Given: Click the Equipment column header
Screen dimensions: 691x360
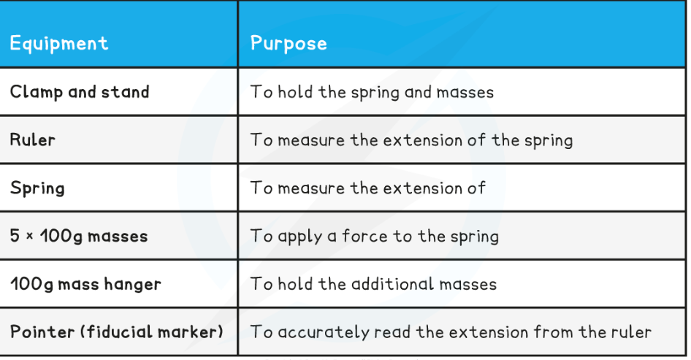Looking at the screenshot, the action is (59, 44).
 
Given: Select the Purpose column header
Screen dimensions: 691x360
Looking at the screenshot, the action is (289, 44).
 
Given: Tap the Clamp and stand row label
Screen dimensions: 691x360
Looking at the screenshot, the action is (80, 92).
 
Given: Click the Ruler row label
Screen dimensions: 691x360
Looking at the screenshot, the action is (33, 140).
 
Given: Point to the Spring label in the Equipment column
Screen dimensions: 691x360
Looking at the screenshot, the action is (37, 188).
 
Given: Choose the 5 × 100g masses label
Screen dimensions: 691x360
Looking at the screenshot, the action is (79, 236).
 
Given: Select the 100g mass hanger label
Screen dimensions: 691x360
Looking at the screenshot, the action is (86, 284).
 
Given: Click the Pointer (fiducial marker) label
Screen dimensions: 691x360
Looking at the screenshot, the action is (117, 332).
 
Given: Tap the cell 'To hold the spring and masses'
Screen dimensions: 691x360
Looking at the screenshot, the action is (372, 93).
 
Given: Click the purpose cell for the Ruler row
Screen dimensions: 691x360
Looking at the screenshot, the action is (411, 140).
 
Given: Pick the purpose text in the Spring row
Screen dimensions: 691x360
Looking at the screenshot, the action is (368, 188).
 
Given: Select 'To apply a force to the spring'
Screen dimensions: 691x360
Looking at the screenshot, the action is (375, 237).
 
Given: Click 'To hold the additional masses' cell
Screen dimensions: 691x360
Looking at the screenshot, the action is (374, 284).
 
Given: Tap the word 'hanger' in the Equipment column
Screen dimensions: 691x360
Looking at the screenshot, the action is (133, 285).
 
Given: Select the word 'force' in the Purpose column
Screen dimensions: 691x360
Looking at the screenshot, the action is (365, 236).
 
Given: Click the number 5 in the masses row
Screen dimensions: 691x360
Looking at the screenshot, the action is (15, 236).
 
